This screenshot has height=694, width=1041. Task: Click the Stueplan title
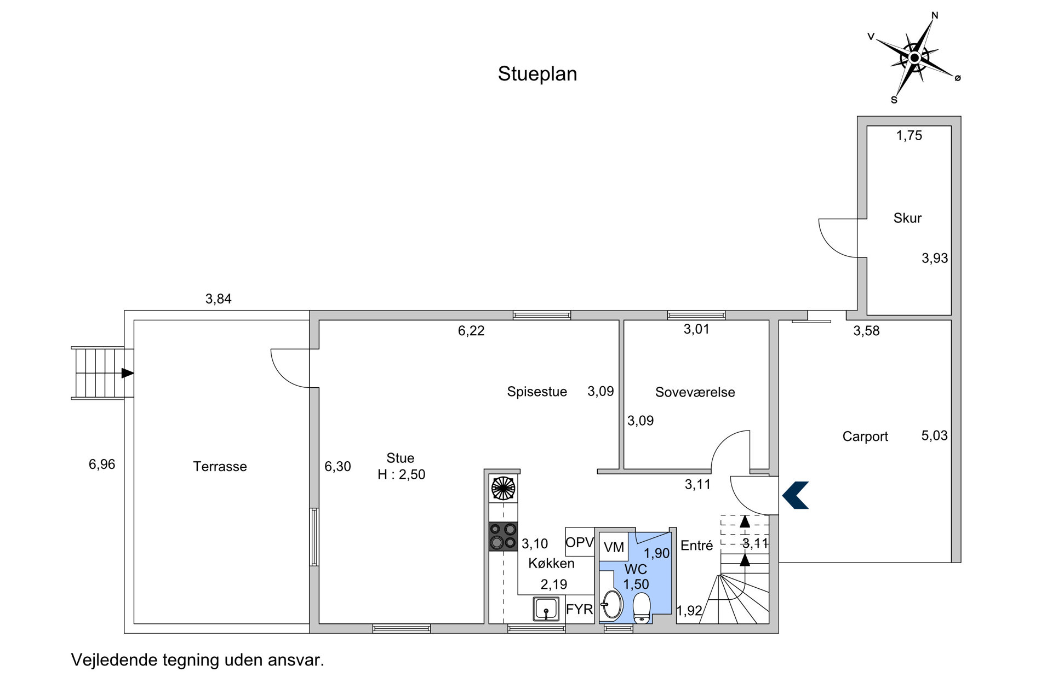click(537, 74)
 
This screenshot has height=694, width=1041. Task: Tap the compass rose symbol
click(914, 58)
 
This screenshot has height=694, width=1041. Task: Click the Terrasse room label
click(220, 466)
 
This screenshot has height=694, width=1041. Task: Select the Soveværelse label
click(695, 392)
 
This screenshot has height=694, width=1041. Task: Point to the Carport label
click(865, 437)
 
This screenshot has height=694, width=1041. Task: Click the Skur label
click(907, 218)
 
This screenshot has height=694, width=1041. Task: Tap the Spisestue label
click(537, 392)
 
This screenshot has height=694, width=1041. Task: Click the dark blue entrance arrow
click(795, 495)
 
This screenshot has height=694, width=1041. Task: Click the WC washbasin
click(611, 604)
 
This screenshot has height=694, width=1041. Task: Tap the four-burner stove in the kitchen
click(503, 536)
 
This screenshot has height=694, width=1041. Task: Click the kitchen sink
click(546, 609)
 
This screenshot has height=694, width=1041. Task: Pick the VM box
click(614, 547)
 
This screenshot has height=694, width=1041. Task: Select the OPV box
click(580, 542)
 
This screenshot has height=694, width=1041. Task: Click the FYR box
click(580, 609)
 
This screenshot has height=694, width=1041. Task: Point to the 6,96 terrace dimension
click(102, 464)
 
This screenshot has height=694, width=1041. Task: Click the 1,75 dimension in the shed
click(909, 135)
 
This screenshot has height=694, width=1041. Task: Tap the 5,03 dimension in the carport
click(934, 435)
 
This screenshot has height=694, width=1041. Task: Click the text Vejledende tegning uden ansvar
click(198, 660)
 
